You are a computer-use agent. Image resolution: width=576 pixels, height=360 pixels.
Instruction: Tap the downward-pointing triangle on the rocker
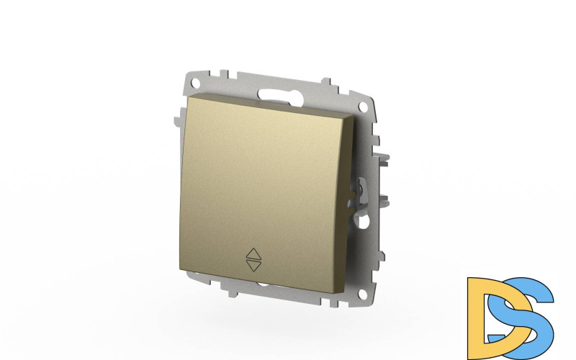[253, 266]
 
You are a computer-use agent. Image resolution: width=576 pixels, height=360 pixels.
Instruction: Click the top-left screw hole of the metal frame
[195, 81]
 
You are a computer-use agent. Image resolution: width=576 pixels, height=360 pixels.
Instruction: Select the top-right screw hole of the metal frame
[363, 107]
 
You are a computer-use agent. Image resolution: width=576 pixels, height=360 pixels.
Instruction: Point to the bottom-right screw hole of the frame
[364, 293]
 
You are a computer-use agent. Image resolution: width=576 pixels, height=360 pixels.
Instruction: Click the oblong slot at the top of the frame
[281, 95]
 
